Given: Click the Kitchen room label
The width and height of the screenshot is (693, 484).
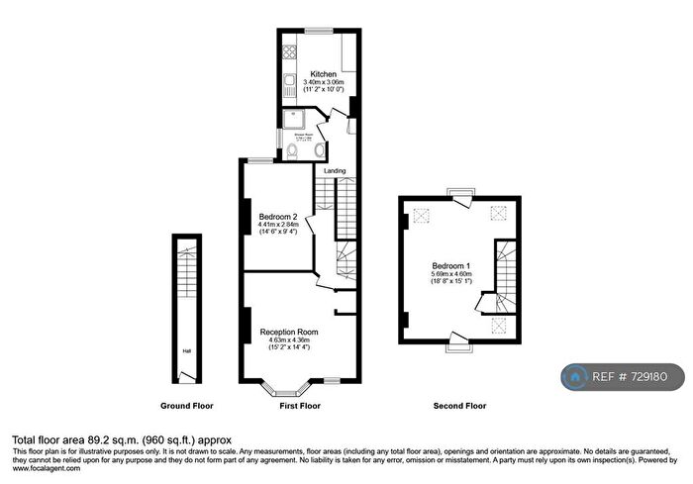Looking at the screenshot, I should [323, 74].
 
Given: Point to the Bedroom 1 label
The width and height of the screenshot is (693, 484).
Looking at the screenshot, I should [451, 266].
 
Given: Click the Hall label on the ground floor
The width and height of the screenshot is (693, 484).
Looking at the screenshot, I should [186, 350].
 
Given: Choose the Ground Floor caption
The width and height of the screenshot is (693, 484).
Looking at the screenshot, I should [187, 406].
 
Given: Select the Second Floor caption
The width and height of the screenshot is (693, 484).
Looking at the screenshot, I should [459, 406].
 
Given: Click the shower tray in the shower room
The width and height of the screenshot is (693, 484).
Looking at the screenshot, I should [293, 120].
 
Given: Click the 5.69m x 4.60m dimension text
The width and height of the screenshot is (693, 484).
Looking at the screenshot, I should [451, 274].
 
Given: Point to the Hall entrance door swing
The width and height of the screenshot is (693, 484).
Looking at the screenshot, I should [186, 376].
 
